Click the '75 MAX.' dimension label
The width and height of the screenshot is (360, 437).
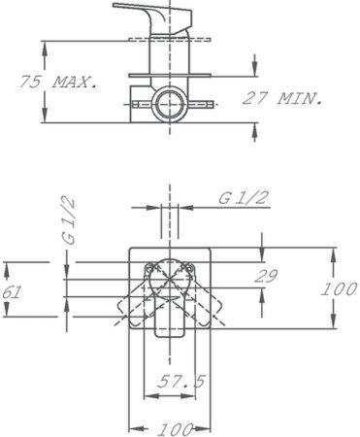tap(59, 84)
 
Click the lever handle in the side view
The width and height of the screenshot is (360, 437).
tap(146, 19)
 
